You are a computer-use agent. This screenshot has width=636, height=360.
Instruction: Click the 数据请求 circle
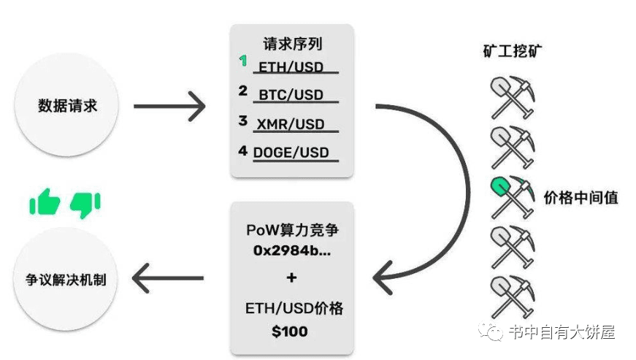point(67,106)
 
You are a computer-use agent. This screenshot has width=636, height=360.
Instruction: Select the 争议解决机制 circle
point(67,279)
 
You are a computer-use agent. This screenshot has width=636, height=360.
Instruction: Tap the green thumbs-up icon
point(45,202)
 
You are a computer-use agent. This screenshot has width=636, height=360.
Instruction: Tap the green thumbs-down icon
point(85,204)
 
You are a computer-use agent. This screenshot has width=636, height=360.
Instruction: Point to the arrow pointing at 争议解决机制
point(168,278)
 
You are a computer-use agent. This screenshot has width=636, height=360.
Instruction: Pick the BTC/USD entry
point(295,95)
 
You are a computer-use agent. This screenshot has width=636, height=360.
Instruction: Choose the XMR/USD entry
point(295,124)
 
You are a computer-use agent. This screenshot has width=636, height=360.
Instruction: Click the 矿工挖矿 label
point(511,52)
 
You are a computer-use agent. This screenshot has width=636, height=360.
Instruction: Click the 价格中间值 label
point(581,197)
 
